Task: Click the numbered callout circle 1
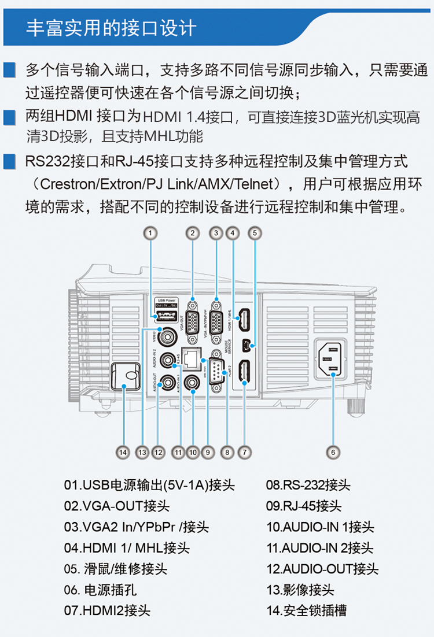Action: [150, 233]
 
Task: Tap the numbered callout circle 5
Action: [255, 233]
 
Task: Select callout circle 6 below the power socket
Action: [333, 453]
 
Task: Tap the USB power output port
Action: [167, 315]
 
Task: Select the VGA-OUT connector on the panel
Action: [192, 316]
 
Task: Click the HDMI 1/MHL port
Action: [245, 318]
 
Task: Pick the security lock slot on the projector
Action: [127, 377]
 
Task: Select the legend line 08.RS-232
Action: [308, 485]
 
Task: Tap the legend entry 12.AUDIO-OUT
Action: [322, 569]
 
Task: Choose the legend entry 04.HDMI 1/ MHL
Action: [127, 547]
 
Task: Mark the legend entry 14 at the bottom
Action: [307, 610]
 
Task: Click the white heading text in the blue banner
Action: [111, 27]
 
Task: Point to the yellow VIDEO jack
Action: [170, 335]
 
